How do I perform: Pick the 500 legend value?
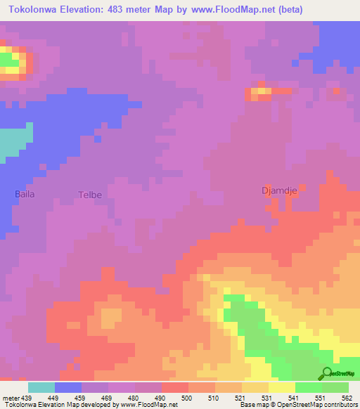click(186, 398)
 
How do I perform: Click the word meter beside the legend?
click(10, 398)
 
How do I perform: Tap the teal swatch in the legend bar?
click(41, 387)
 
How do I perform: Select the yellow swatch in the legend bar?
click(281, 387)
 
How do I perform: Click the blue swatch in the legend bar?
click(68, 387)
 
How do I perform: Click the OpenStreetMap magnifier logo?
click(326, 373)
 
